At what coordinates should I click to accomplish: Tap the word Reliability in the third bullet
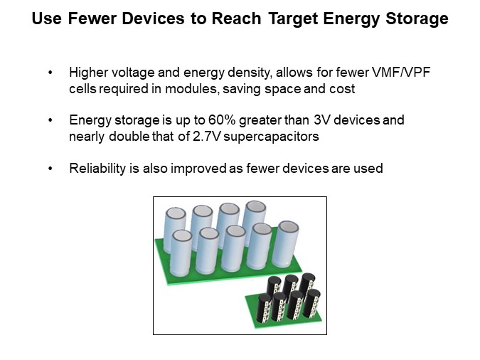pos(96,169)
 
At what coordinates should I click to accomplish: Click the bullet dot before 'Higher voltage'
pos(50,73)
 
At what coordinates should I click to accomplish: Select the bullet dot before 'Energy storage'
pos(50,120)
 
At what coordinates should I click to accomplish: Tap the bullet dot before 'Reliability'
pos(50,169)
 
